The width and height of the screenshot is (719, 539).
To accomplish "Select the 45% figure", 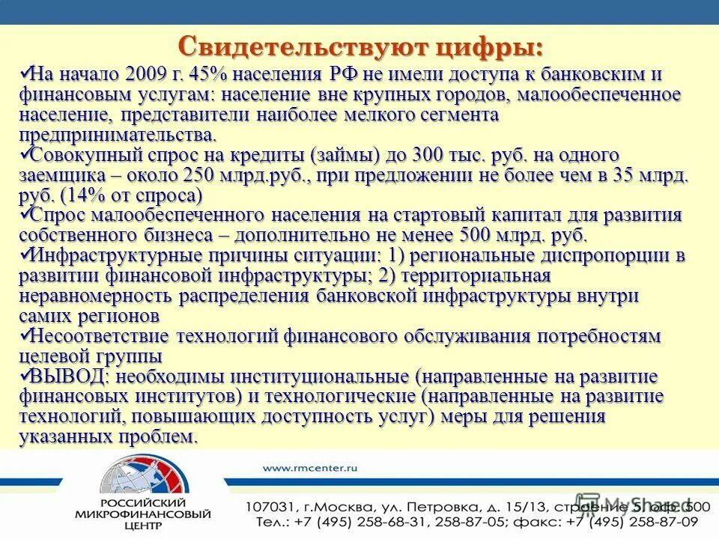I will [x=204, y=76].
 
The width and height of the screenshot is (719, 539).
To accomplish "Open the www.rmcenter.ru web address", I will [x=310, y=467].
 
